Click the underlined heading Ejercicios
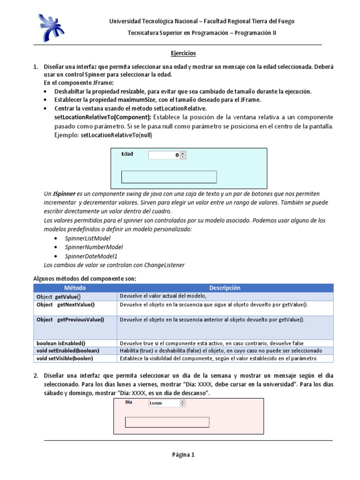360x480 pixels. [x=182, y=53]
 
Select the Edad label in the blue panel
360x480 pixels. [x=127, y=154]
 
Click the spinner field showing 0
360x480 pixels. [x=164, y=155]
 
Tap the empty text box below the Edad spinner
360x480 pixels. [x=169, y=177]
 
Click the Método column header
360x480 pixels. [x=75, y=288]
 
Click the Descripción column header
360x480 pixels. [x=225, y=288]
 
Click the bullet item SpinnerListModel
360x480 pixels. [x=82, y=239]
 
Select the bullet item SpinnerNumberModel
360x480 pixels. [x=87, y=247]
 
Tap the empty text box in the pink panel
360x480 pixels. [x=167, y=422]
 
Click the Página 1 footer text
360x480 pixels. [x=182, y=455]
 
